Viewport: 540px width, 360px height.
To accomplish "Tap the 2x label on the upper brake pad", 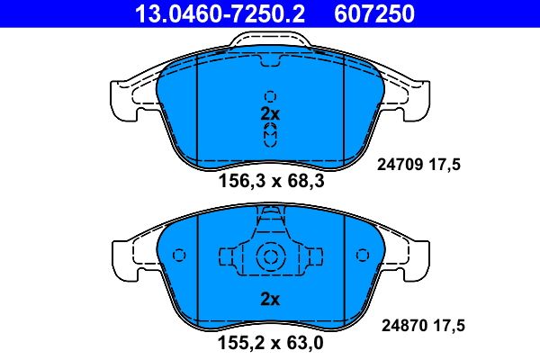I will [271, 114].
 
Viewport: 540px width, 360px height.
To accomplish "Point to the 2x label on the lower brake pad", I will [271, 300].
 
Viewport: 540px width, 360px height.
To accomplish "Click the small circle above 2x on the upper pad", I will [270, 95].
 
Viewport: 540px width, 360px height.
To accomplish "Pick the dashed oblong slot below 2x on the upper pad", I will [270, 135].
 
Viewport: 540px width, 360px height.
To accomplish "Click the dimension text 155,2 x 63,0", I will [271, 344].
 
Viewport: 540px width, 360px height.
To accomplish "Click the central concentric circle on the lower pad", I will [270, 256].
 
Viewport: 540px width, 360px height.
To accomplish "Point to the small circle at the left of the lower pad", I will [178, 256].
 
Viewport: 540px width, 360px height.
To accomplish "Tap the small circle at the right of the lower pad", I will [363, 256].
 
